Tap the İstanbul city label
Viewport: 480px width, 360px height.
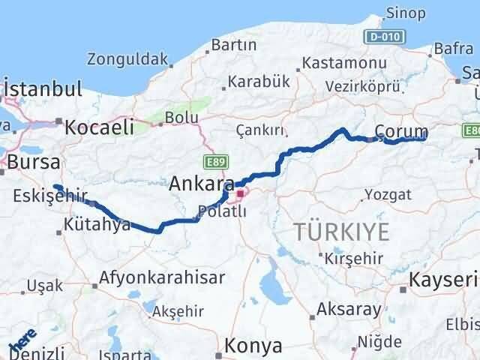point(43,88)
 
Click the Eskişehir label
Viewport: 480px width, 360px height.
point(45,196)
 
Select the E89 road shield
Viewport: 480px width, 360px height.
point(213,161)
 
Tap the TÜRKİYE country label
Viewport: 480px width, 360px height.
point(341,232)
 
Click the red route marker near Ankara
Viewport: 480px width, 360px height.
point(240,194)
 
